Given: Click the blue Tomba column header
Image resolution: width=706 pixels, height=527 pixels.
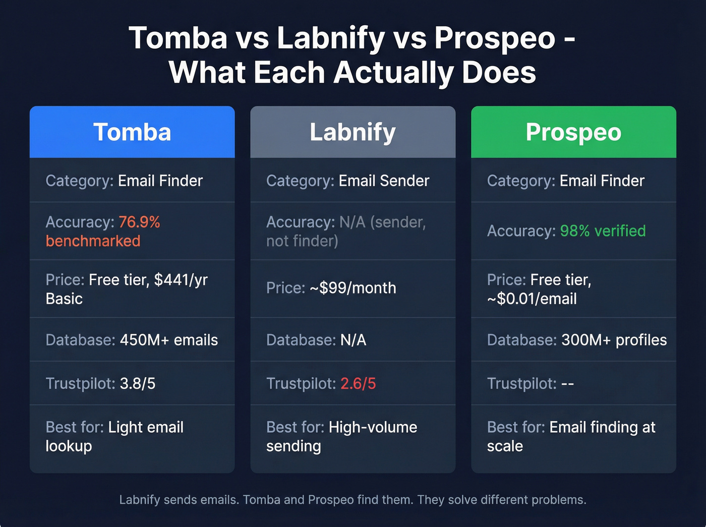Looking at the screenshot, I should (132, 132).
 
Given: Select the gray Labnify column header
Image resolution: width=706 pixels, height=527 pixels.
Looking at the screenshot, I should (352, 132).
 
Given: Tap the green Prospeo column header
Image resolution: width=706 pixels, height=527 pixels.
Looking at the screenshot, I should (573, 132).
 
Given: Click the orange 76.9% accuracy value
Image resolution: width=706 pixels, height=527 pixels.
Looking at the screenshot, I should (139, 222).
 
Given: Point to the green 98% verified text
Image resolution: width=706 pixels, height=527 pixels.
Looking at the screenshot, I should (603, 231).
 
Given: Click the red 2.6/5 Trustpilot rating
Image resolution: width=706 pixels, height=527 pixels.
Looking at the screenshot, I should (358, 384).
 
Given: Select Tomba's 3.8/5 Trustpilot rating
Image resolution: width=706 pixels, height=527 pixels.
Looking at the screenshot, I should (138, 384).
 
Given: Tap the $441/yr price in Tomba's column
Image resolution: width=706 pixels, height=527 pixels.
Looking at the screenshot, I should (181, 280).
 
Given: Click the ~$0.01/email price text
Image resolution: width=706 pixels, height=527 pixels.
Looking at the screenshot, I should (532, 299).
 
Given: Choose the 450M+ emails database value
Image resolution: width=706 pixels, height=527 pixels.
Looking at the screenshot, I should (169, 340).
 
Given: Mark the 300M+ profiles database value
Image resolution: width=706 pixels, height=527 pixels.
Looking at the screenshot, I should (614, 340).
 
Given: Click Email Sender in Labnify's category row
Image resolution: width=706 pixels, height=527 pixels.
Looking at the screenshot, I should (384, 181).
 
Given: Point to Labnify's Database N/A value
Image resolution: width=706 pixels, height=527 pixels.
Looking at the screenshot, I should (353, 340).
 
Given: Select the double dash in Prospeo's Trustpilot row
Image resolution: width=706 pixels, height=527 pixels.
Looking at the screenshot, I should (567, 384).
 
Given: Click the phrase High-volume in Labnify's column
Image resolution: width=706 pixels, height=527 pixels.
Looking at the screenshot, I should (373, 428).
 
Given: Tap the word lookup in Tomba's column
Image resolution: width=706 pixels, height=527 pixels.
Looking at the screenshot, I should (69, 446).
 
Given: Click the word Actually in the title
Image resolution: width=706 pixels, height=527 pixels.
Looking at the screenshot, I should (393, 72).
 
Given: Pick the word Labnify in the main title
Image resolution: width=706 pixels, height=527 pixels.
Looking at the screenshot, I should (331, 38).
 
